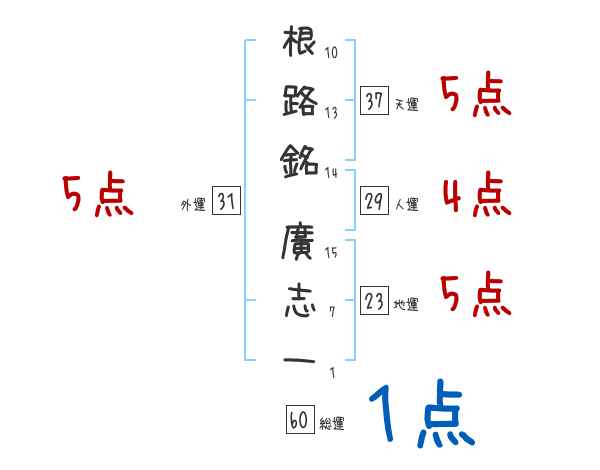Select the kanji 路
(x=300, y=100)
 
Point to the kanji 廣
(x=300, y=244)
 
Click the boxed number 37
(x=374, y=101)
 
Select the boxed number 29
(x=374, y=202)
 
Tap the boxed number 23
(x=374, y=302)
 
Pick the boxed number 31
(x=226, y=202)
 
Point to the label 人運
(x=406, y=205)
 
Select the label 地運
(x=406, y=305)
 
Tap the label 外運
(x=192, y=205)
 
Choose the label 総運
(x=332, y=424)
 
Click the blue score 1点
(x=419, y=415)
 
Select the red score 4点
(x=476, y=194)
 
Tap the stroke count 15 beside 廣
(x=333, y=252)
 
